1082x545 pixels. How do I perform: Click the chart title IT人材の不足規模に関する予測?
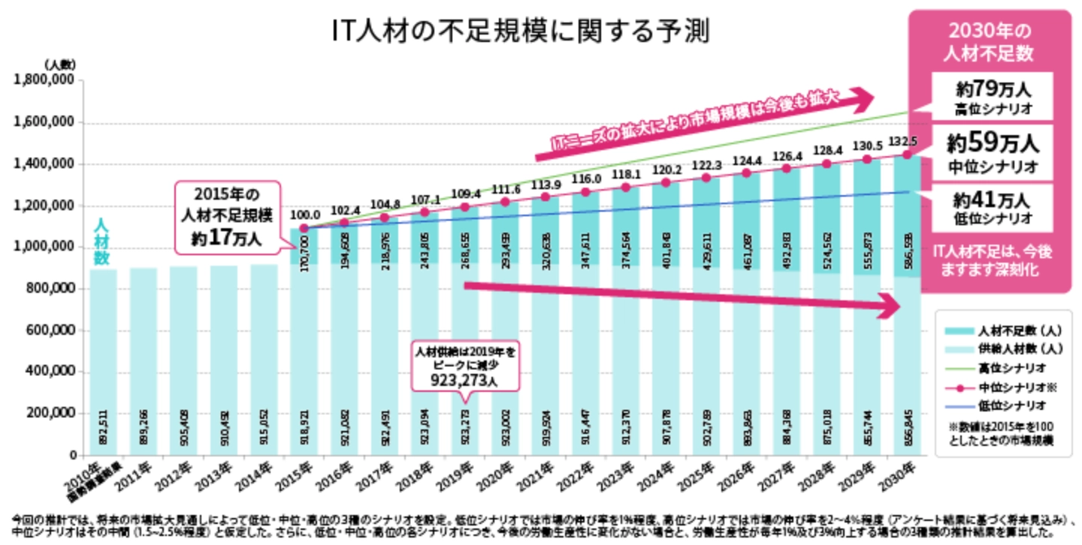pos(521,31)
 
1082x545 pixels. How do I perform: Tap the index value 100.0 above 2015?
pos(304,215)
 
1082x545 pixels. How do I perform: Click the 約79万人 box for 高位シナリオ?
pos(993,96)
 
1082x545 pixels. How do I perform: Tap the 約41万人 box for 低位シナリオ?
pos(993,208)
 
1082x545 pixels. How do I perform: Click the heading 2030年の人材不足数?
pos(991,42)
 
